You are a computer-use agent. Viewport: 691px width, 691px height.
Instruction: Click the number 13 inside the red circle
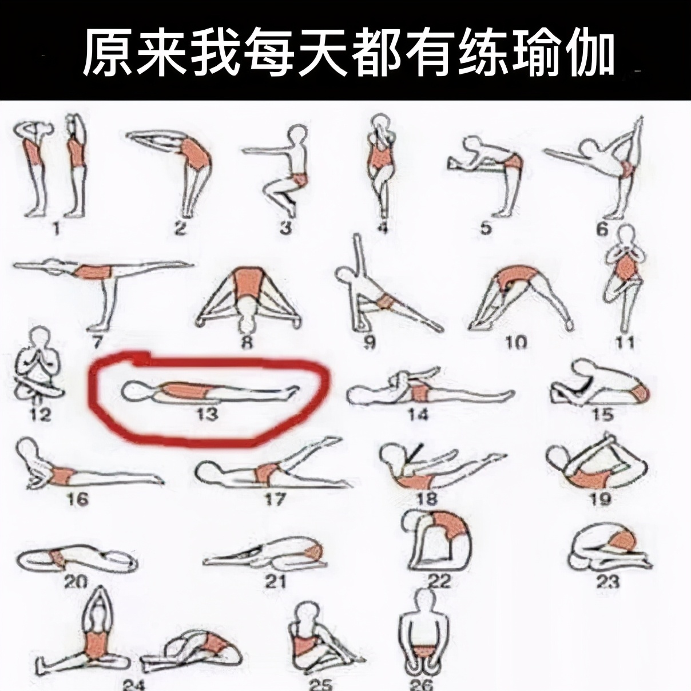coord(206,413)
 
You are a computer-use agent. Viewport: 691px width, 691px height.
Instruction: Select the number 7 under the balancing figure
coord(96,341)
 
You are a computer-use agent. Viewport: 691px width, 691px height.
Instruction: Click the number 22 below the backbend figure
coord(439,581)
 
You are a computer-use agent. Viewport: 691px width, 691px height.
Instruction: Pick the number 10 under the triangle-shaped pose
coord(516,342)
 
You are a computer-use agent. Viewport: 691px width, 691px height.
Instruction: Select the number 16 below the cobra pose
coord(78,499)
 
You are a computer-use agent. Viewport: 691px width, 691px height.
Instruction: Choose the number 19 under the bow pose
coord(599,499)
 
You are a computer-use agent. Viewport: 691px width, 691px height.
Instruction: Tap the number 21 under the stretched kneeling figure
coord(275,581)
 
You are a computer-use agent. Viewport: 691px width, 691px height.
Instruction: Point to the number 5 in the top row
coord(486,228)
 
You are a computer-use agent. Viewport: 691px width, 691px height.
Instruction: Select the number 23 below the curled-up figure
coord(607,582)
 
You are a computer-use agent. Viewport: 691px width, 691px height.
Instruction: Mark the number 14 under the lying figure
coord(418,413)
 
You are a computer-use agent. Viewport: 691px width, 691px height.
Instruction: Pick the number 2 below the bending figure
coord(181,228)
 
